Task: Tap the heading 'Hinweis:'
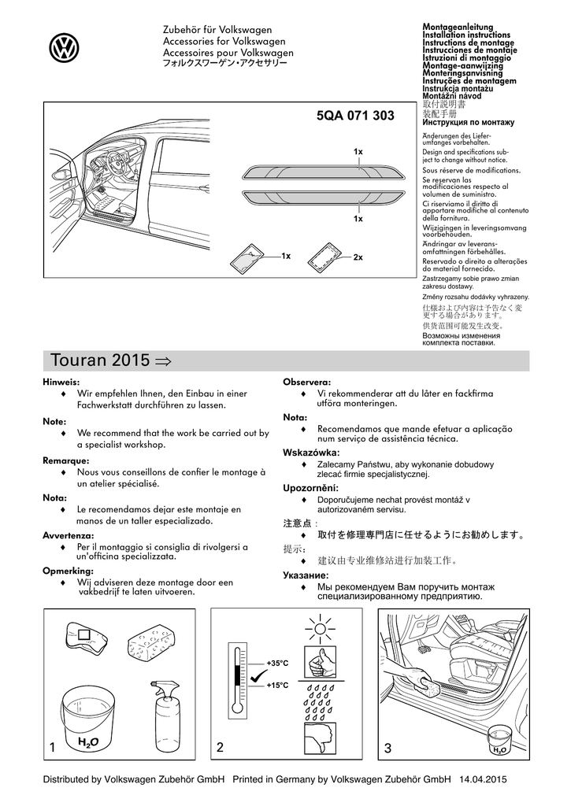[x=61, y=382]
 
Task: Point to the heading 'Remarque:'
[x=66, y=460]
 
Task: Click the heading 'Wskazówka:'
[x=311, y=453]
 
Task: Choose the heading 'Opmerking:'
[x=68, y=571]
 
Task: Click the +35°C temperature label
[x=277, y=663]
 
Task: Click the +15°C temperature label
[x=277, y=686]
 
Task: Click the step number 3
[x=387, y=748]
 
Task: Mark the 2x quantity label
[x=358, y=257]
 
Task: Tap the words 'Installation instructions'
[x=466, y=35]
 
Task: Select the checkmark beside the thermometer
[x=258, y=675]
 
